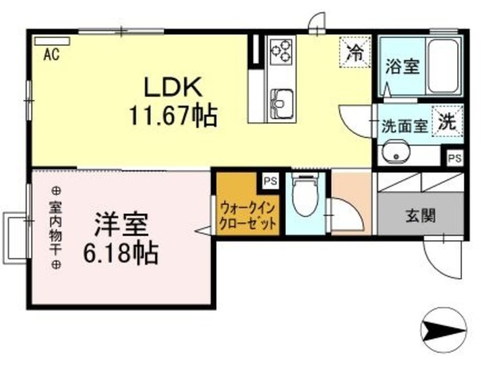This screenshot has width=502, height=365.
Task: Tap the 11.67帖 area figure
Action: tap(173, 117)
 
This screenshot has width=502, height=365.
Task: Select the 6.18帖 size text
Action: tap(120, 253)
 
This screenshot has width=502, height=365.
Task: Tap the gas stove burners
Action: tap(281, 51)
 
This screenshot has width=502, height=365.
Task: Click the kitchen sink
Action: tap(282, 100)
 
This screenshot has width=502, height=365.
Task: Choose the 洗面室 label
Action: tap(404, 125)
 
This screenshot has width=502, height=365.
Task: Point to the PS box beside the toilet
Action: tap(270, 180)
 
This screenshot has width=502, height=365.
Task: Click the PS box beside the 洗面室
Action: tap(454, 157)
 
